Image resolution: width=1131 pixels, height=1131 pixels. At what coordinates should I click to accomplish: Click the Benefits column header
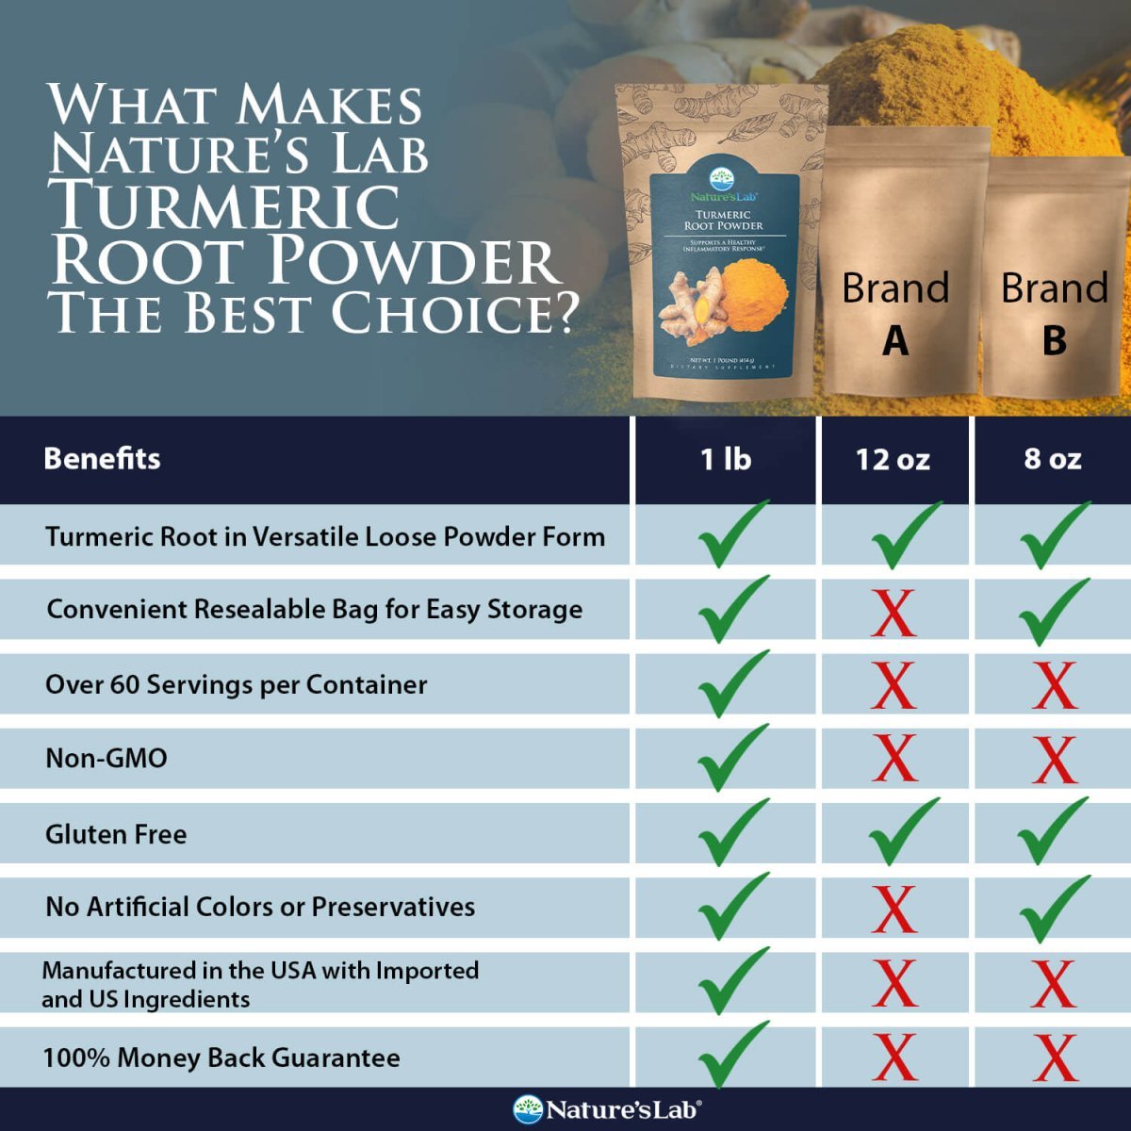click(x=102, y=459)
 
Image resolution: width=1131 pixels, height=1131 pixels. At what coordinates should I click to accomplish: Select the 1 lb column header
click(x=725, y=459)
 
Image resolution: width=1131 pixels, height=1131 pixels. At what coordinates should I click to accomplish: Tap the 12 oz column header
click(x=893, y=459)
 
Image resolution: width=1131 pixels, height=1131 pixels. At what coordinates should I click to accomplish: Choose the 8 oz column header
click(x=1053, y=459)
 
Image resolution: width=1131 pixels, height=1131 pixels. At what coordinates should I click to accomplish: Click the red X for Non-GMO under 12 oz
click(x=893, y=759)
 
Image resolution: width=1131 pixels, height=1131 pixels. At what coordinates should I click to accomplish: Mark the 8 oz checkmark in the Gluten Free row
click(x=1053, y=831)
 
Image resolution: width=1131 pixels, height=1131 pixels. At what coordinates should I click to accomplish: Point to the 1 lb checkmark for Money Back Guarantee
click(x=731, y=1056)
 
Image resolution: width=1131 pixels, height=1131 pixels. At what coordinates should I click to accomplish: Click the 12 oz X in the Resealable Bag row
click(x=893, y=614)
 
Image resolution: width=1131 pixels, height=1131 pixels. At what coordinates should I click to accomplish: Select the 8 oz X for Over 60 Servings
click(x=1054, y=686)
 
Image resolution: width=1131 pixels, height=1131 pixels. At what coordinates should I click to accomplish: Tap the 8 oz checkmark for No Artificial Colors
click(x=1053, y=908)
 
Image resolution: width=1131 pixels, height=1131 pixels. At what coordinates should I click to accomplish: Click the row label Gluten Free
click(x=116, y=834)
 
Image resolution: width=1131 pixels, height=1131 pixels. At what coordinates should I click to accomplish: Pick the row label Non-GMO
click(x=107, y=758)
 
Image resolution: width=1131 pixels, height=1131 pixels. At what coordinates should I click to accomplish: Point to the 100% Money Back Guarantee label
click(x=221, y=1057)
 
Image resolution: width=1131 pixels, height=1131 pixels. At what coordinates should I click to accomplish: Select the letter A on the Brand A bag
click(x=895, y=341)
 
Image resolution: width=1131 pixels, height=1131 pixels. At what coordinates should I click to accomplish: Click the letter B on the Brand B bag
click(x=1055, y=341)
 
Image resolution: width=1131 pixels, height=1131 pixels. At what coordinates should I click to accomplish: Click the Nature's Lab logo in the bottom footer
click(x=607, y=1109)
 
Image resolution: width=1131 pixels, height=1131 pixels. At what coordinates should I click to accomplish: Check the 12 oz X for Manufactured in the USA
click(x=893, y=984)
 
